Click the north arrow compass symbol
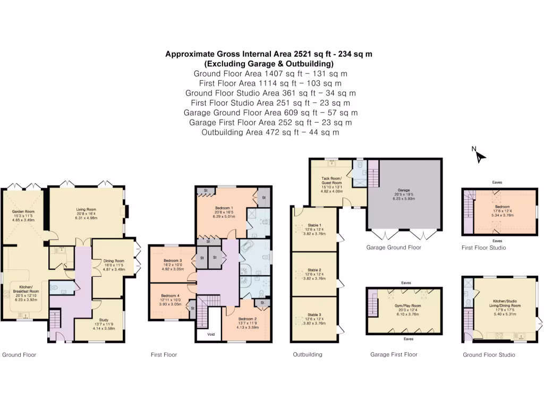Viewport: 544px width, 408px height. (480, 155)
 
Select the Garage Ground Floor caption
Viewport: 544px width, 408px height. (394, 248)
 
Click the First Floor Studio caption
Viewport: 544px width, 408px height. (483, 248)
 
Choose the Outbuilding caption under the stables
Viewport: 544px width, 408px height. (308, 354)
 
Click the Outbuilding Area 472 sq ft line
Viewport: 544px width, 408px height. (270, 132)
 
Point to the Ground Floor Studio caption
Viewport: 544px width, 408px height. (488, 354)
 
